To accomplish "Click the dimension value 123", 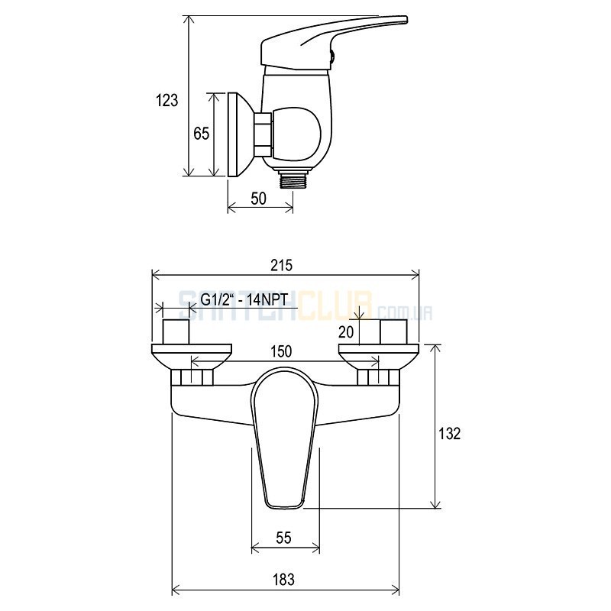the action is pos(166,100).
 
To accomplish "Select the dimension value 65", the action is pos(202,134).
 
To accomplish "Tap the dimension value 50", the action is pos(258,199).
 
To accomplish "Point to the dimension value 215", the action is pos(281,265).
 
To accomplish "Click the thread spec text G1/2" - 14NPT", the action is pos(244,299).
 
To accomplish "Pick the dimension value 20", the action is pos(346,332).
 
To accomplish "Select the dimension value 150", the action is pos(281,351).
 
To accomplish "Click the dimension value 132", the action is pos(450,433).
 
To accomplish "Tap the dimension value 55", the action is pos(283,538).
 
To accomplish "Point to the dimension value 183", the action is pos(283,580).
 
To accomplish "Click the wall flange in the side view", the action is pos(238,135).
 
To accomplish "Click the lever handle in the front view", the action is pos(285,438).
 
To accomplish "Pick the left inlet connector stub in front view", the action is pos(176,331).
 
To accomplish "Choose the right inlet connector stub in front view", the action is pos(394,331).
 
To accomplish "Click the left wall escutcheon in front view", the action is pos(192,357).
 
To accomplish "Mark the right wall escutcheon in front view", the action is pos(379,357).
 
